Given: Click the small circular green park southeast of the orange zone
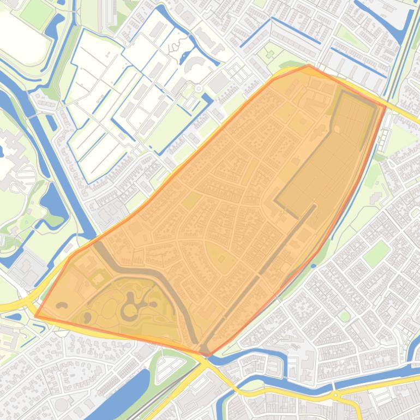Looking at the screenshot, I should click(344, 316).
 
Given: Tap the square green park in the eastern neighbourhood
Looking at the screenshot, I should click(376, 254).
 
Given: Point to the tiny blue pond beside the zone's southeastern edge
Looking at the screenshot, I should click(314, 266).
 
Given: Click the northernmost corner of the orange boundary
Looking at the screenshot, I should click(309, 65).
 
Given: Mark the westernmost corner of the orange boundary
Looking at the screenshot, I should click(35, 316).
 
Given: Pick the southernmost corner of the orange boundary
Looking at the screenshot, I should click(207, 356).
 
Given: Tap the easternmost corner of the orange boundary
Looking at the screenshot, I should click(386, 106).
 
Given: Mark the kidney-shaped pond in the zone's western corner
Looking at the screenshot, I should click(62, 305).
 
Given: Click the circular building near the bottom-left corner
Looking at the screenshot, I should click(61, 404).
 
